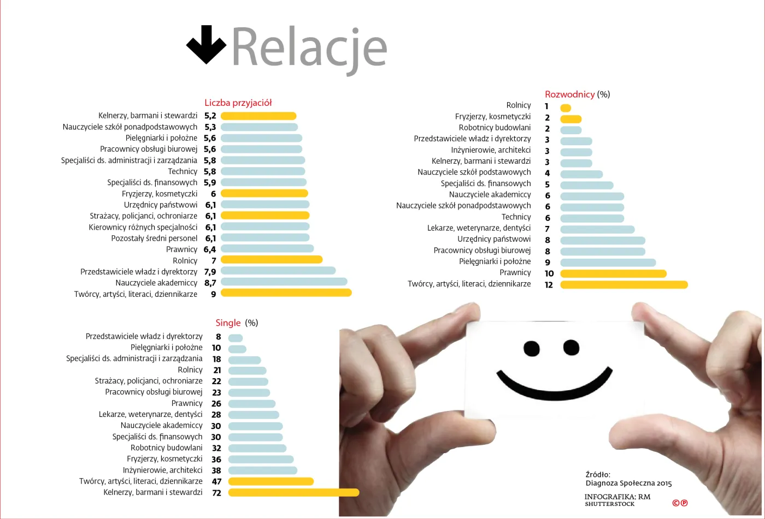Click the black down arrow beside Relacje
[x=206, y=45]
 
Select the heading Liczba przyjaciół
[x=238, y=103]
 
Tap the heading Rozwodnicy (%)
[x=577, y=94]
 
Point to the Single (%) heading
[x=237, y=323]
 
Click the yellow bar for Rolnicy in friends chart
[x=272, y=260]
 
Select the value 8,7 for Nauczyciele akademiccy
[x=210, y=283]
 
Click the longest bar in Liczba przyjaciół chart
[x=286, y=293]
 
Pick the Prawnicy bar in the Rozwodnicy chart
[x=613, y=273]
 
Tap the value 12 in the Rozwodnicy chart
[x=549, y=285]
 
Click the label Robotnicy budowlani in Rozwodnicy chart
[x=495, y=128]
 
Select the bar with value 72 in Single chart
[x=293, y=492]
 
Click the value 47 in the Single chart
[x=216, y=481]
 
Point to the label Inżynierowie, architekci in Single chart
[x=162, y=470]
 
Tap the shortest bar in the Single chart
[x=236, y=338]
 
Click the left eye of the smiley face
[x=531, y=348]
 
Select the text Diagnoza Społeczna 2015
[x=628, y=483]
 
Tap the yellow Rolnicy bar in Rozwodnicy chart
[x=566, y=108]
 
